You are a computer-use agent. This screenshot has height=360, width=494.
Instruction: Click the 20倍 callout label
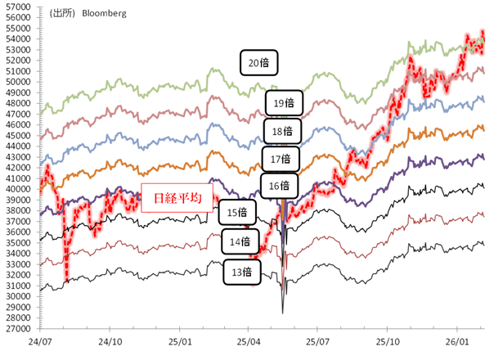(259, 62)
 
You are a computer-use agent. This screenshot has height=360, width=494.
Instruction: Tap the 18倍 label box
(282, 131)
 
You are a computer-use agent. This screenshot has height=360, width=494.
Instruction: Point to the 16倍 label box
(279, 186)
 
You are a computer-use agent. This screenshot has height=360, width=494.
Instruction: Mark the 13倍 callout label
(242, 271)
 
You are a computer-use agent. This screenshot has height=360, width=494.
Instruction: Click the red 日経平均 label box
(177, 198)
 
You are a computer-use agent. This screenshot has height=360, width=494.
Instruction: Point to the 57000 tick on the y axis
(16, 7)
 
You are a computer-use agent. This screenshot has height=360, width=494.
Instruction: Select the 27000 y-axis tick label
(16, 328)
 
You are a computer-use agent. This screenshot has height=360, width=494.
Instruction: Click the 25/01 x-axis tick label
(180, 340)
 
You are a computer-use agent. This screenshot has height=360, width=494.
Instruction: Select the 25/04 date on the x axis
(249, 340)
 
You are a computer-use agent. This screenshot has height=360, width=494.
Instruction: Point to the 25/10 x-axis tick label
(388, 340)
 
